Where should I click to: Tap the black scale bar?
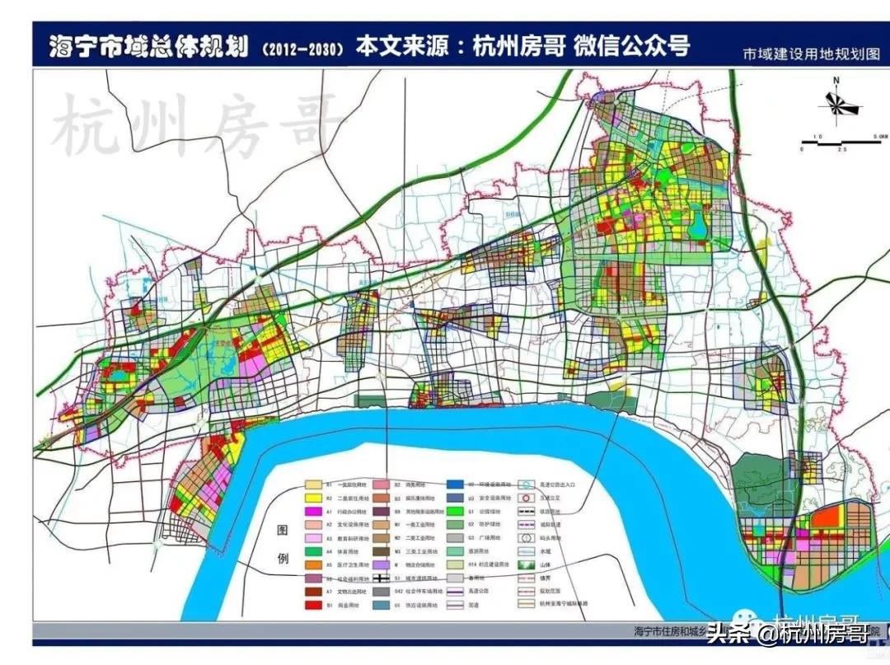coord(841,142)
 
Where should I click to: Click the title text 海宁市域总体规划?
coord(148,44)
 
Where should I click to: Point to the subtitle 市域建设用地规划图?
coord(811,55)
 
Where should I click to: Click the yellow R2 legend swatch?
coord(313,499)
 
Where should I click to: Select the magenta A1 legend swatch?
coord(313,512)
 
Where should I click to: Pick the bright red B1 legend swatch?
coord(313,605)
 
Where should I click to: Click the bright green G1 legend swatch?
coord(454,512)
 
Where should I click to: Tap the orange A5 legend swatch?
coord(313,565)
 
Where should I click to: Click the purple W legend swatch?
coord(381,565)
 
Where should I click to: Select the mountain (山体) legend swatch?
coord(523,565)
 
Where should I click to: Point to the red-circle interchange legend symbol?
coord(523,499)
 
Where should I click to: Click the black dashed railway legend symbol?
coord(523,512)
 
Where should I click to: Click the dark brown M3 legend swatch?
coord(381,551)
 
